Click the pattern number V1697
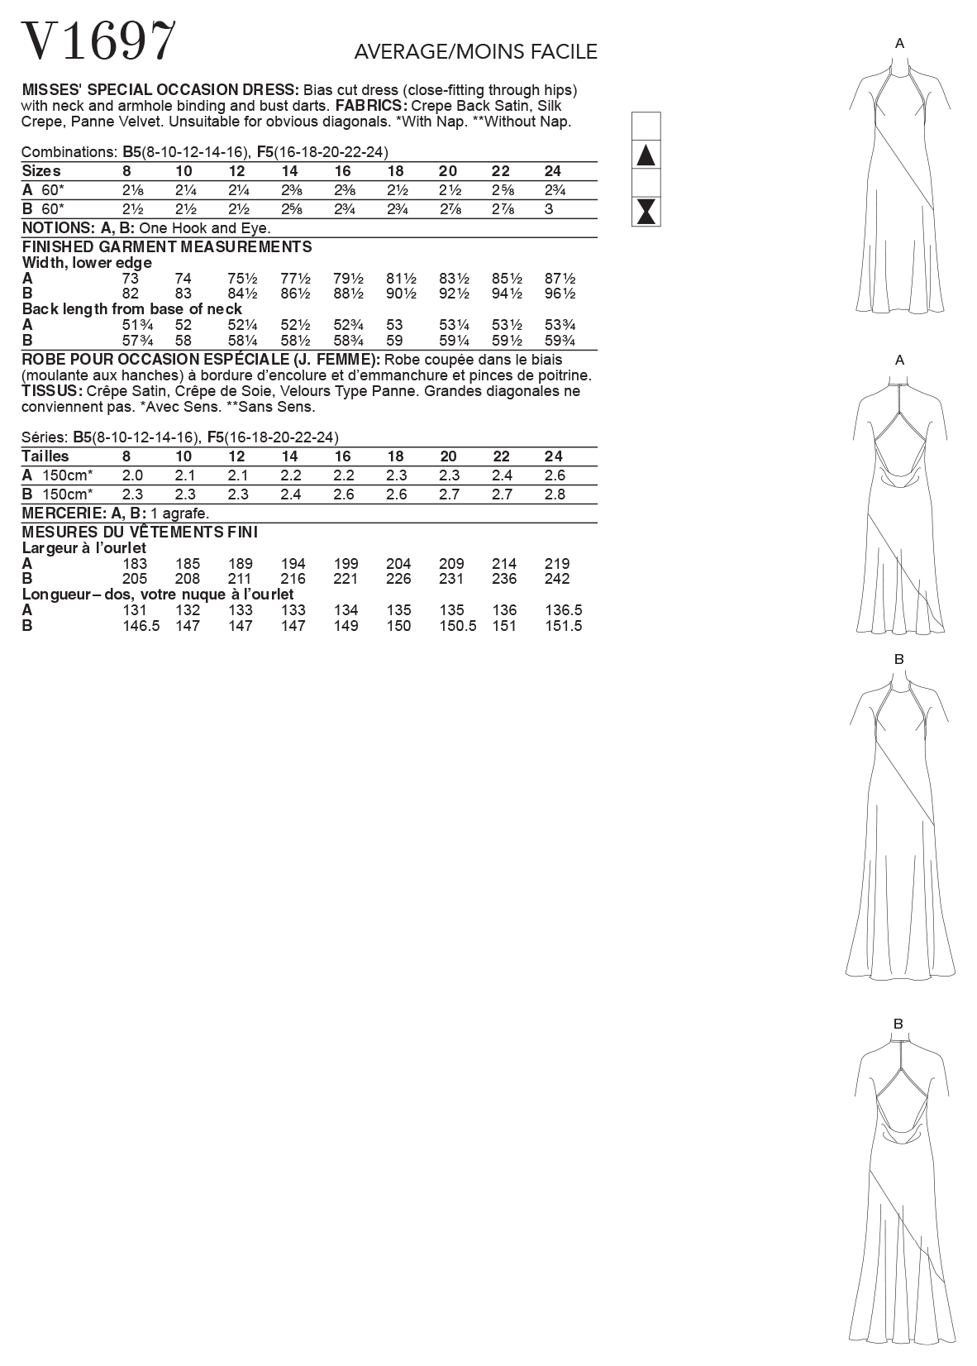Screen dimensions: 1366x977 (98, 41)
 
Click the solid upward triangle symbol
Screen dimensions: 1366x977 (646, 155)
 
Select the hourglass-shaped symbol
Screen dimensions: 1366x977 (646, 212)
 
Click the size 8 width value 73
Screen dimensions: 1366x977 (131, 279)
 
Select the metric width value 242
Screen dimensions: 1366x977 (557, 579)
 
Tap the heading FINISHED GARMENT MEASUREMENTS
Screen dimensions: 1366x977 (167, 246)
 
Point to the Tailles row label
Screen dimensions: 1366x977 (45, 456)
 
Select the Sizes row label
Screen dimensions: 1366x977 (41, 171)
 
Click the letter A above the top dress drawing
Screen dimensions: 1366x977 (900, 43)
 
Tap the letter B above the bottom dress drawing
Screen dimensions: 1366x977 (898, 1024)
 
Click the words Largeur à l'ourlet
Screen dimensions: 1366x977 (84, 548)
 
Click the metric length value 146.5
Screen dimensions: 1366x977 (140, 626)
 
